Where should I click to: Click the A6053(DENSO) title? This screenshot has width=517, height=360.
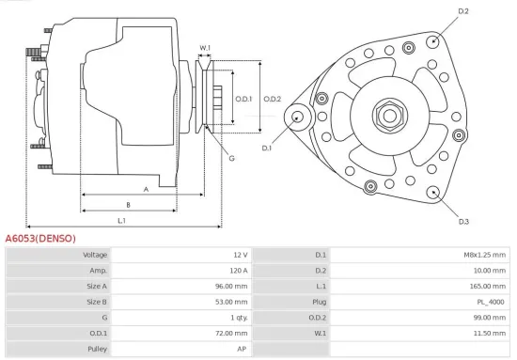point(40,239)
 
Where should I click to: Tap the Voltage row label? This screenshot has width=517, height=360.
point(95,255)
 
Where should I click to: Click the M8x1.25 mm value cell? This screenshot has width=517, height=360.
point(485,255)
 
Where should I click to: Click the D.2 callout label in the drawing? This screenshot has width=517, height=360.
point(463,11)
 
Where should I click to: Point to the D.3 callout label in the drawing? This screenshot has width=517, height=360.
point(463,221)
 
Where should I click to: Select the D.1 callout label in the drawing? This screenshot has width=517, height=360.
point(267,148)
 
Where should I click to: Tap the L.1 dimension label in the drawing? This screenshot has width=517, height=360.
point(122,221)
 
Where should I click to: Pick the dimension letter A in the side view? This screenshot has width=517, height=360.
point(145,189)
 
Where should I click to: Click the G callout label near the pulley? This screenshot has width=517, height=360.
point(231,157)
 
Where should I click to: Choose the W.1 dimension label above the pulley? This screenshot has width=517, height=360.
point(205,47)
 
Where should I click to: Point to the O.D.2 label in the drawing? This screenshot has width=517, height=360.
point(273,99)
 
